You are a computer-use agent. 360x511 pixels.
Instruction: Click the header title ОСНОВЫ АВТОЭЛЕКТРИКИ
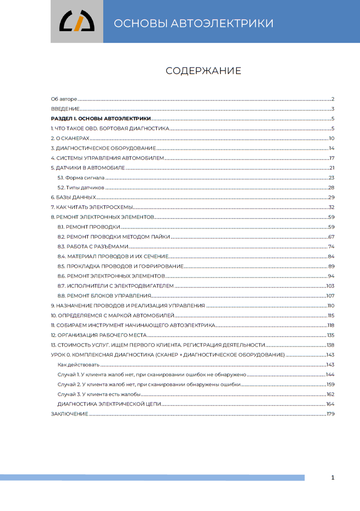pos(194,23)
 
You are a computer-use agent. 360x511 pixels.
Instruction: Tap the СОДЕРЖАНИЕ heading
pos(203,71)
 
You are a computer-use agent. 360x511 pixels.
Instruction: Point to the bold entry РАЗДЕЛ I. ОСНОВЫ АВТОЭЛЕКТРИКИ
pos(100,118)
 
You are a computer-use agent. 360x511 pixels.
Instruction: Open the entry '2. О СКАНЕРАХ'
pos(70,138)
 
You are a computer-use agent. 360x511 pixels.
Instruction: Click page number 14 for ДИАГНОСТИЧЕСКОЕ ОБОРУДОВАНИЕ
pos(331,148)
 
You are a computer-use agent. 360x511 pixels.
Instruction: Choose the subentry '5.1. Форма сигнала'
pos(81,178)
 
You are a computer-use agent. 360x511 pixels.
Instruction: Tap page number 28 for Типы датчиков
pos(331,188)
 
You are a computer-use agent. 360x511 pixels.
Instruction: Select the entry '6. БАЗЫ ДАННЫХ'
pos(73,198)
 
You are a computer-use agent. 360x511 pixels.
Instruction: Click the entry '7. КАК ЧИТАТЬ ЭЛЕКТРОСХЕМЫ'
pos(92,207)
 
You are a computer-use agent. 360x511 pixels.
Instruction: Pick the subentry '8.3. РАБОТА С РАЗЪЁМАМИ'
pos(93,247)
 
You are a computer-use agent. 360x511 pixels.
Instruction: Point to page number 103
pos(330,286)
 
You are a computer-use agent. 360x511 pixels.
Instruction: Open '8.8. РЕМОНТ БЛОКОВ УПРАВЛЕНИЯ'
pos(105,296)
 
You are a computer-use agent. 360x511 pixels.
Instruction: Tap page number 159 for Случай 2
pos(330,385)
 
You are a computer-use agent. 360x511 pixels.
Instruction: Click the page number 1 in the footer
pos(332,478)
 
